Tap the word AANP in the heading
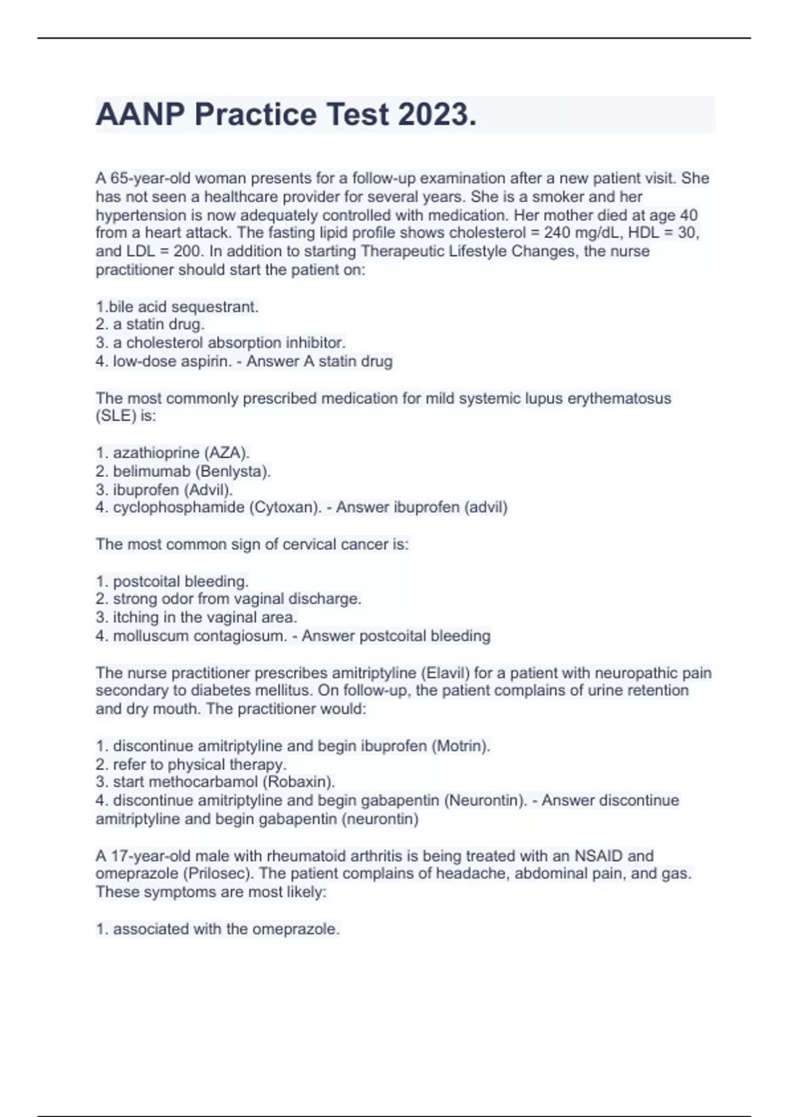(140, 114)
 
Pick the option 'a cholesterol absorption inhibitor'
(228, 342)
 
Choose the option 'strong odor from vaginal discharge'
(236, 599)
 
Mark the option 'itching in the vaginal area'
(204, 617)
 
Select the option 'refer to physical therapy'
(199, 764)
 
